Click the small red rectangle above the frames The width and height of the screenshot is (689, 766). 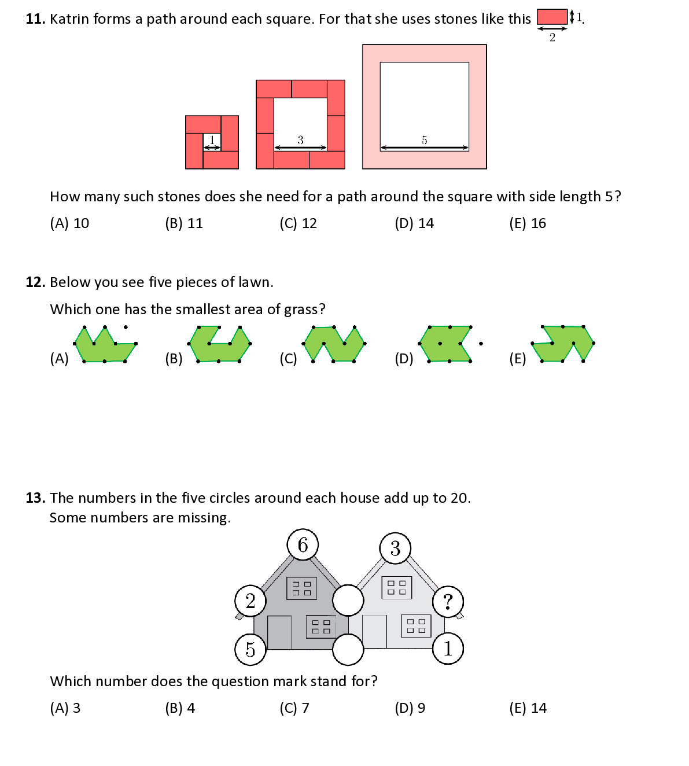[552, 17]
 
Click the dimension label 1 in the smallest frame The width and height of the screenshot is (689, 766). [212, 139]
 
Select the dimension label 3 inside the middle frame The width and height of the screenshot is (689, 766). [300, 140]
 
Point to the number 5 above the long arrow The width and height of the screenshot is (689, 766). [424, 140]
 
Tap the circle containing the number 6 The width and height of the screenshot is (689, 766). [303, 544]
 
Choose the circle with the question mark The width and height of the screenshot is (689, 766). [448, 602]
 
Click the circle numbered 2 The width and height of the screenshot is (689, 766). [250, 601]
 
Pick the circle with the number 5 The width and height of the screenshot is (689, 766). [250, 649]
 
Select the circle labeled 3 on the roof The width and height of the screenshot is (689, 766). [395, 548]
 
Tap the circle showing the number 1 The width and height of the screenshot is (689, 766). [448, 649]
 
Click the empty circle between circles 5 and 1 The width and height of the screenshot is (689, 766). [348, 649]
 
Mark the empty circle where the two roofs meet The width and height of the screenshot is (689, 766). [348, 600]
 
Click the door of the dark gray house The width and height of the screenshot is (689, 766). [279, 632]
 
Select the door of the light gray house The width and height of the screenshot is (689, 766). [374, 631]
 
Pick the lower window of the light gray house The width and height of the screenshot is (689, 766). [416, 626]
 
